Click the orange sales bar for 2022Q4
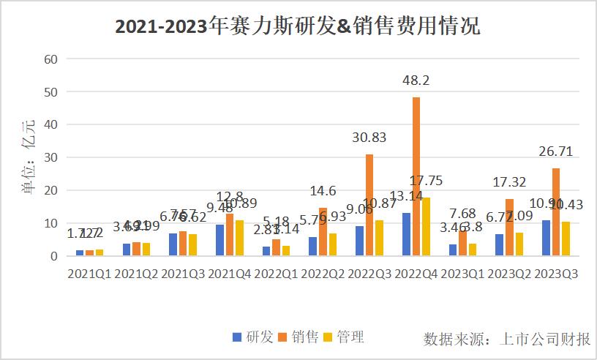(416, 176)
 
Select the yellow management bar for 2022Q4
(425, 227)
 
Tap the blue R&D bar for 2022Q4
(407, 234)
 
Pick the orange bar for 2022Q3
(369, 205)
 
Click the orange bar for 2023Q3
(556, 212)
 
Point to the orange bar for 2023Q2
(509, 228)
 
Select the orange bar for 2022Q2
(323, 232)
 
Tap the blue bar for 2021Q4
(220, 240)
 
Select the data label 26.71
(556, 152)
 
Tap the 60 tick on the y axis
(50, 59)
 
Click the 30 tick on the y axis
(50, 157)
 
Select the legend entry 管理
(342, 337)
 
